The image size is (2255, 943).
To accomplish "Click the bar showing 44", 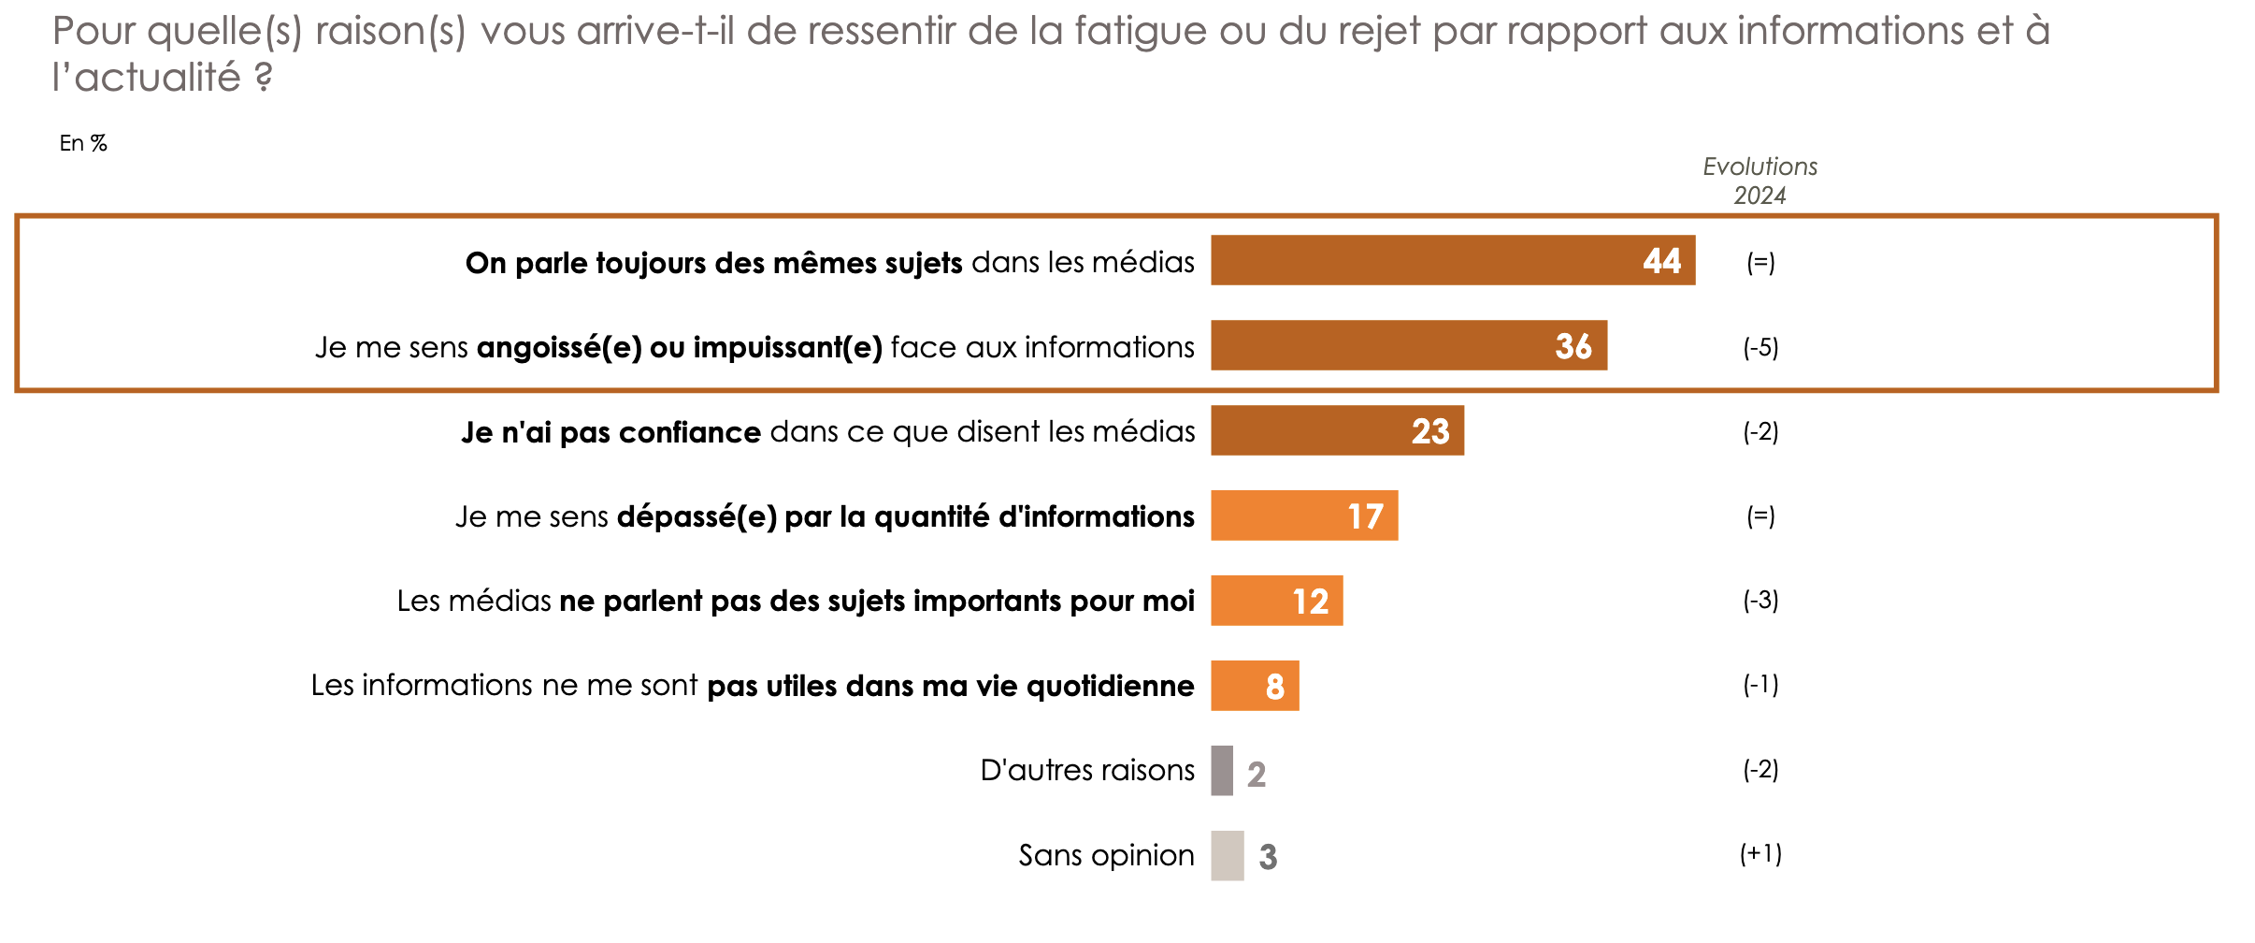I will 1452,260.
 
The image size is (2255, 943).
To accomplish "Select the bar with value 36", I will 1408,345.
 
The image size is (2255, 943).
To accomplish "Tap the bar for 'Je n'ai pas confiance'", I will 1337,430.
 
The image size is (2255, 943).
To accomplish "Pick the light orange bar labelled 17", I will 1303,515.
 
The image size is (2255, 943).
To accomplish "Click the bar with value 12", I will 1276,601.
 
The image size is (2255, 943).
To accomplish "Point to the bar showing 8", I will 1254,686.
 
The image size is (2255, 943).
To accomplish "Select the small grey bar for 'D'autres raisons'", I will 1221,771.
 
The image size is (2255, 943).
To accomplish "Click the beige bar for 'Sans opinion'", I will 1227,856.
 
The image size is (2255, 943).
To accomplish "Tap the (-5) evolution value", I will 1760,347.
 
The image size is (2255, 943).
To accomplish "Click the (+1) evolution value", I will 1760,853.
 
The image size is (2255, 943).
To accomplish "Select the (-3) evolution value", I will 1760,600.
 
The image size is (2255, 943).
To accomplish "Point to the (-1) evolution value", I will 1760,685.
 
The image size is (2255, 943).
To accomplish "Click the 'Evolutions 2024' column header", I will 1759,181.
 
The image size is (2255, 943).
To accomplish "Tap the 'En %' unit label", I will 83,143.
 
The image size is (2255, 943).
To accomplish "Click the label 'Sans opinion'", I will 1106,855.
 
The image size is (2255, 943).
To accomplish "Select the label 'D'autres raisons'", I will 1086,770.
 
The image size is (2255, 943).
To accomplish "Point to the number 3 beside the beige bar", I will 1268,857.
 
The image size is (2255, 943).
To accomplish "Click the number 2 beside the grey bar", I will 1257,775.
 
